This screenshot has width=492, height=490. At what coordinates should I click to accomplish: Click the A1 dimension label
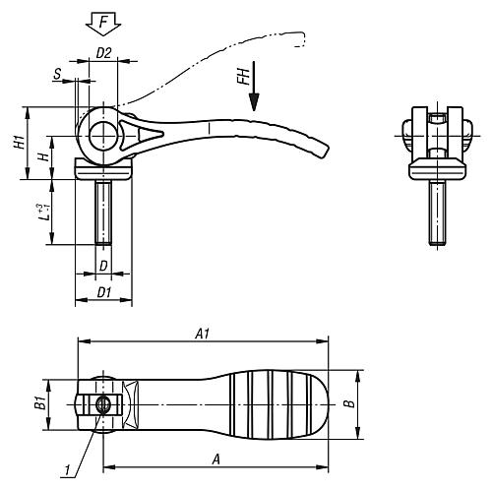[x=202, y=334]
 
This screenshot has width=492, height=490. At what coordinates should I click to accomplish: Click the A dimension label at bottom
[x=215, y=458]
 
